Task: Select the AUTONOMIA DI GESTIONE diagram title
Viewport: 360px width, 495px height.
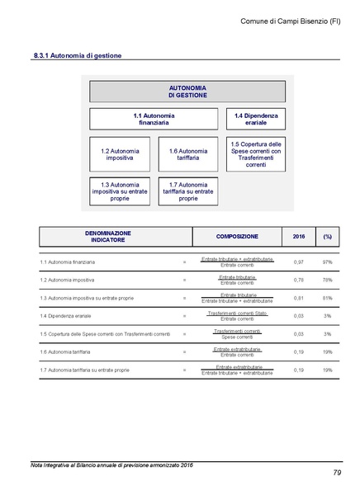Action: (187, 91)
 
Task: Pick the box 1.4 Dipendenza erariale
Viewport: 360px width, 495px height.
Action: (256, 120)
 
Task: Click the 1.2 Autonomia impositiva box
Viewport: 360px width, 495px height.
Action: (120, 155)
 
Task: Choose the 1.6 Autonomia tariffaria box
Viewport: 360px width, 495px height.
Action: (187, 155)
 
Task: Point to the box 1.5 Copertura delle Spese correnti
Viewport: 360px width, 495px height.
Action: (256, 154)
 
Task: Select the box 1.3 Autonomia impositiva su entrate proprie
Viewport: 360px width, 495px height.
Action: (120, 191)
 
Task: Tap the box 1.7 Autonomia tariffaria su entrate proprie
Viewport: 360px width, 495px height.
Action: (187, 191)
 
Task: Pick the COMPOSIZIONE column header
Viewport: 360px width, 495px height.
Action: (237, 238)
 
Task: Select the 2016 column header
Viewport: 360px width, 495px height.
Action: (299, 238)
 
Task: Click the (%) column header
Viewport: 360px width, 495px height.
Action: (328, 238)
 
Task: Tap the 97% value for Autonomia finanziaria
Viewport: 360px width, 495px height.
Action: (328, 262)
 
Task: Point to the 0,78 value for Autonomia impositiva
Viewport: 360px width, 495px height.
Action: (299, 280)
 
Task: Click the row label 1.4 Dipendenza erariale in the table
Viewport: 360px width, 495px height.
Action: (64, 316)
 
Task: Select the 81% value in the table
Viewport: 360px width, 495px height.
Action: (328, 298)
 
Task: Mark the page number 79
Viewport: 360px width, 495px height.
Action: (336, 473)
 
